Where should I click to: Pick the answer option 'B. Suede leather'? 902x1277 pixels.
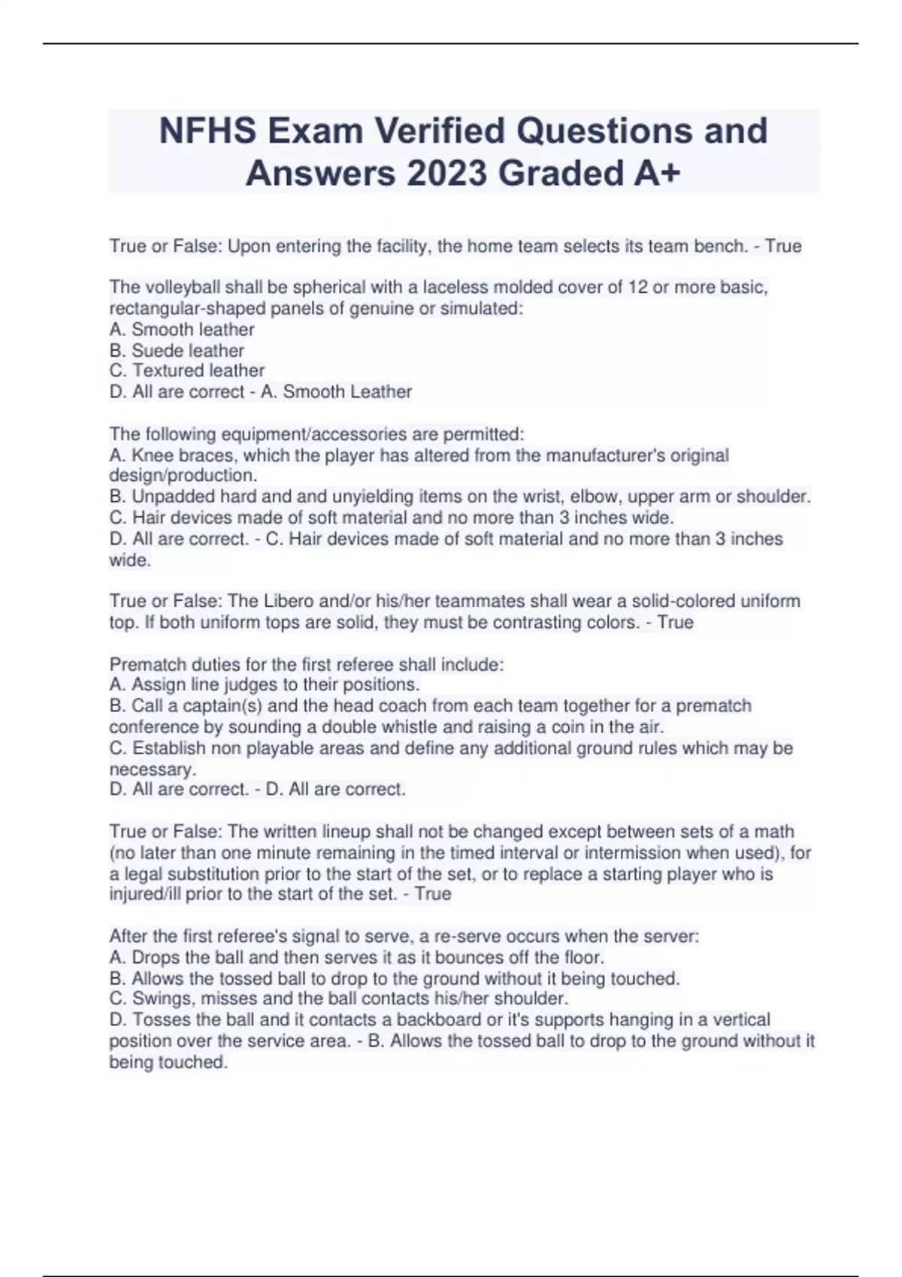click(x=177, y=351)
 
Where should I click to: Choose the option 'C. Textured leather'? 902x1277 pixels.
click(x=187, y=371)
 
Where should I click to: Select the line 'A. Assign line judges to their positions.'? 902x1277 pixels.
click(x=265, y=685)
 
